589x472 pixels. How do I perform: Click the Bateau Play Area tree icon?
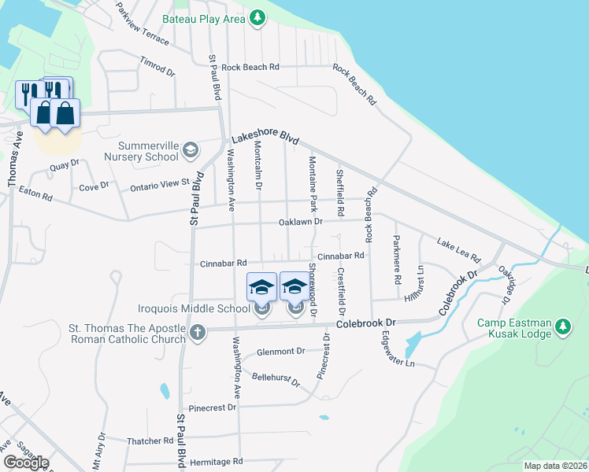257,17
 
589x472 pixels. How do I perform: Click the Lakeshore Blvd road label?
265,136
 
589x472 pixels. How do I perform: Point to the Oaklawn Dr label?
301,223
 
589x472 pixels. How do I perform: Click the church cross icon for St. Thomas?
197,332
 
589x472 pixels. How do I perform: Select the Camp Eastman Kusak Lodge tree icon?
563,326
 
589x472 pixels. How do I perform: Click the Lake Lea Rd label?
458,249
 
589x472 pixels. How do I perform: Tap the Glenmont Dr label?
280,352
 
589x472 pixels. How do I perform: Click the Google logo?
26,463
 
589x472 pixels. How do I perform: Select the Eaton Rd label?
35,192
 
